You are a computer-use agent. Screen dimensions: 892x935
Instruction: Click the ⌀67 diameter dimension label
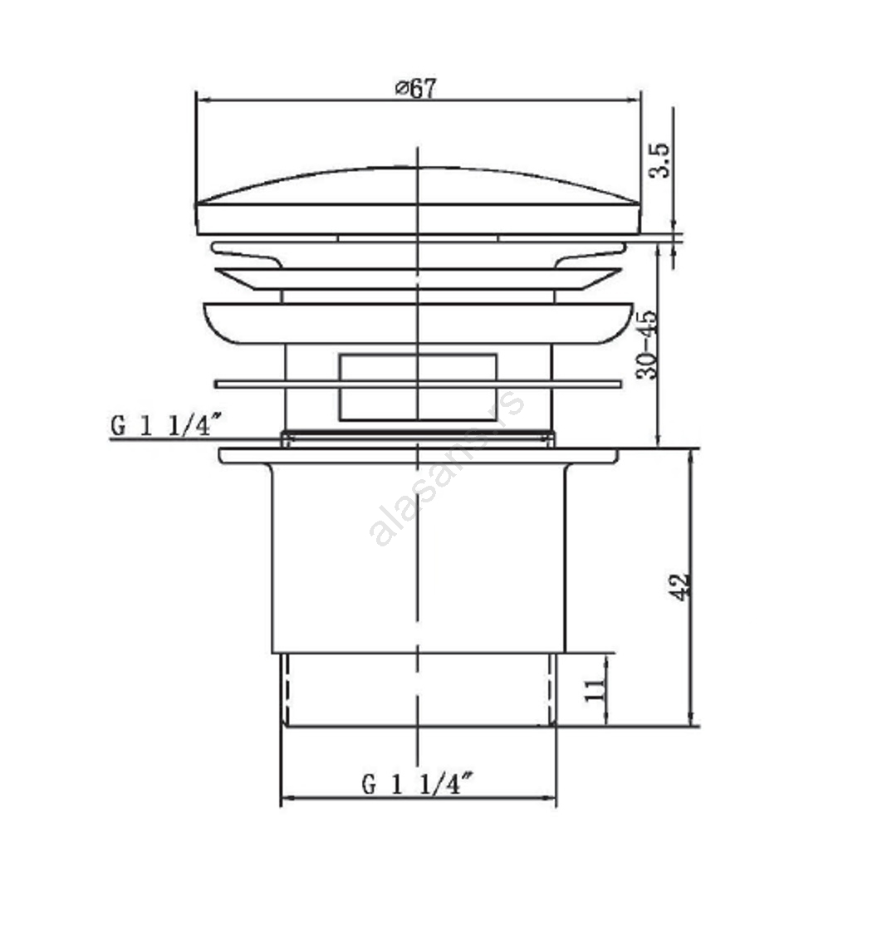pyautogui.click(x=415, y=88)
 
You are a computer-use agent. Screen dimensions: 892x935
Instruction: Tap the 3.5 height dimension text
pyautogui.click(x=659, y=160)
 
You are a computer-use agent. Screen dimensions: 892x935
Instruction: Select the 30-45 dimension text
pyautogui.click(x=647, y=345)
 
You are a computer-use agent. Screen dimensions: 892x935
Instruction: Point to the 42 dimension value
pyautogui.click(x=680, y=587)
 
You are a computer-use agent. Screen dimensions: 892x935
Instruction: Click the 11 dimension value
pyautogui.click(x=595, y=689)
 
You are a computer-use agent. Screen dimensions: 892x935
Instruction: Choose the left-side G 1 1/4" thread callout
pyautogui.click(x=166, y=425)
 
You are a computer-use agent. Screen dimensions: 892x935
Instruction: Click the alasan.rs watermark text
pyautogui.click(x=447, y=468)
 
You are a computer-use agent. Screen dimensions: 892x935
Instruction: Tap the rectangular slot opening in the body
pyautogui.click(x=418, y=388)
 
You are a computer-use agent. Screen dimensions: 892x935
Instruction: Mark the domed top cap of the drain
pyautogui.click(x=418, y=201)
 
